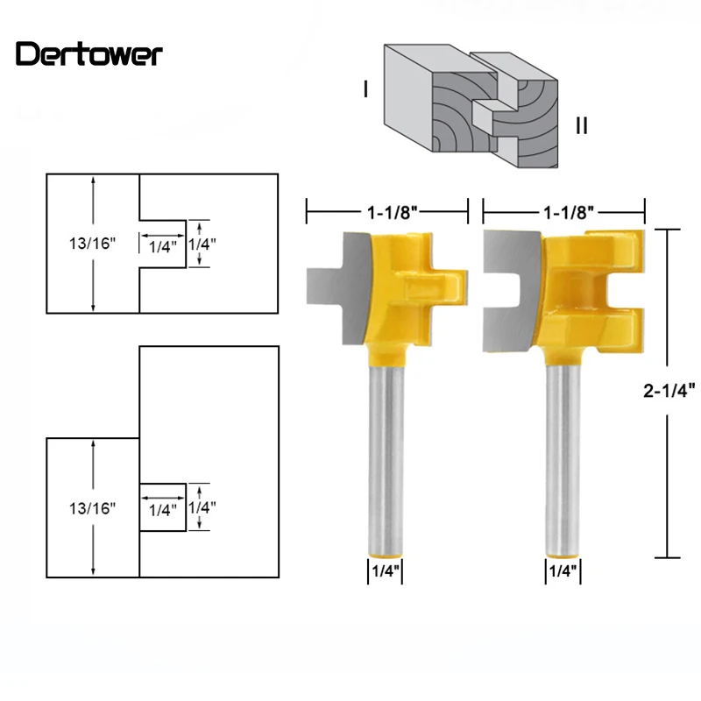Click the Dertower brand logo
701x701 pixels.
(x=89, y=54)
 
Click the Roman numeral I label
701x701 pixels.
(x=365, y=89)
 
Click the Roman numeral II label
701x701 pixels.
(x=582, y=125)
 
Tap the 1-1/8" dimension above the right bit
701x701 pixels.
(x=568, y=212)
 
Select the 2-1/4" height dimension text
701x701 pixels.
(x=669, y=391)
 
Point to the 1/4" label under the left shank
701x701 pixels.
(x=386, y=571)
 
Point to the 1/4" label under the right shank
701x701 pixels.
(x=563, y=571)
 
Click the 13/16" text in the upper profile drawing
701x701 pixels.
(x=92, y=244)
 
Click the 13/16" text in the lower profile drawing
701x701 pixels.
(x=92, y=508)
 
